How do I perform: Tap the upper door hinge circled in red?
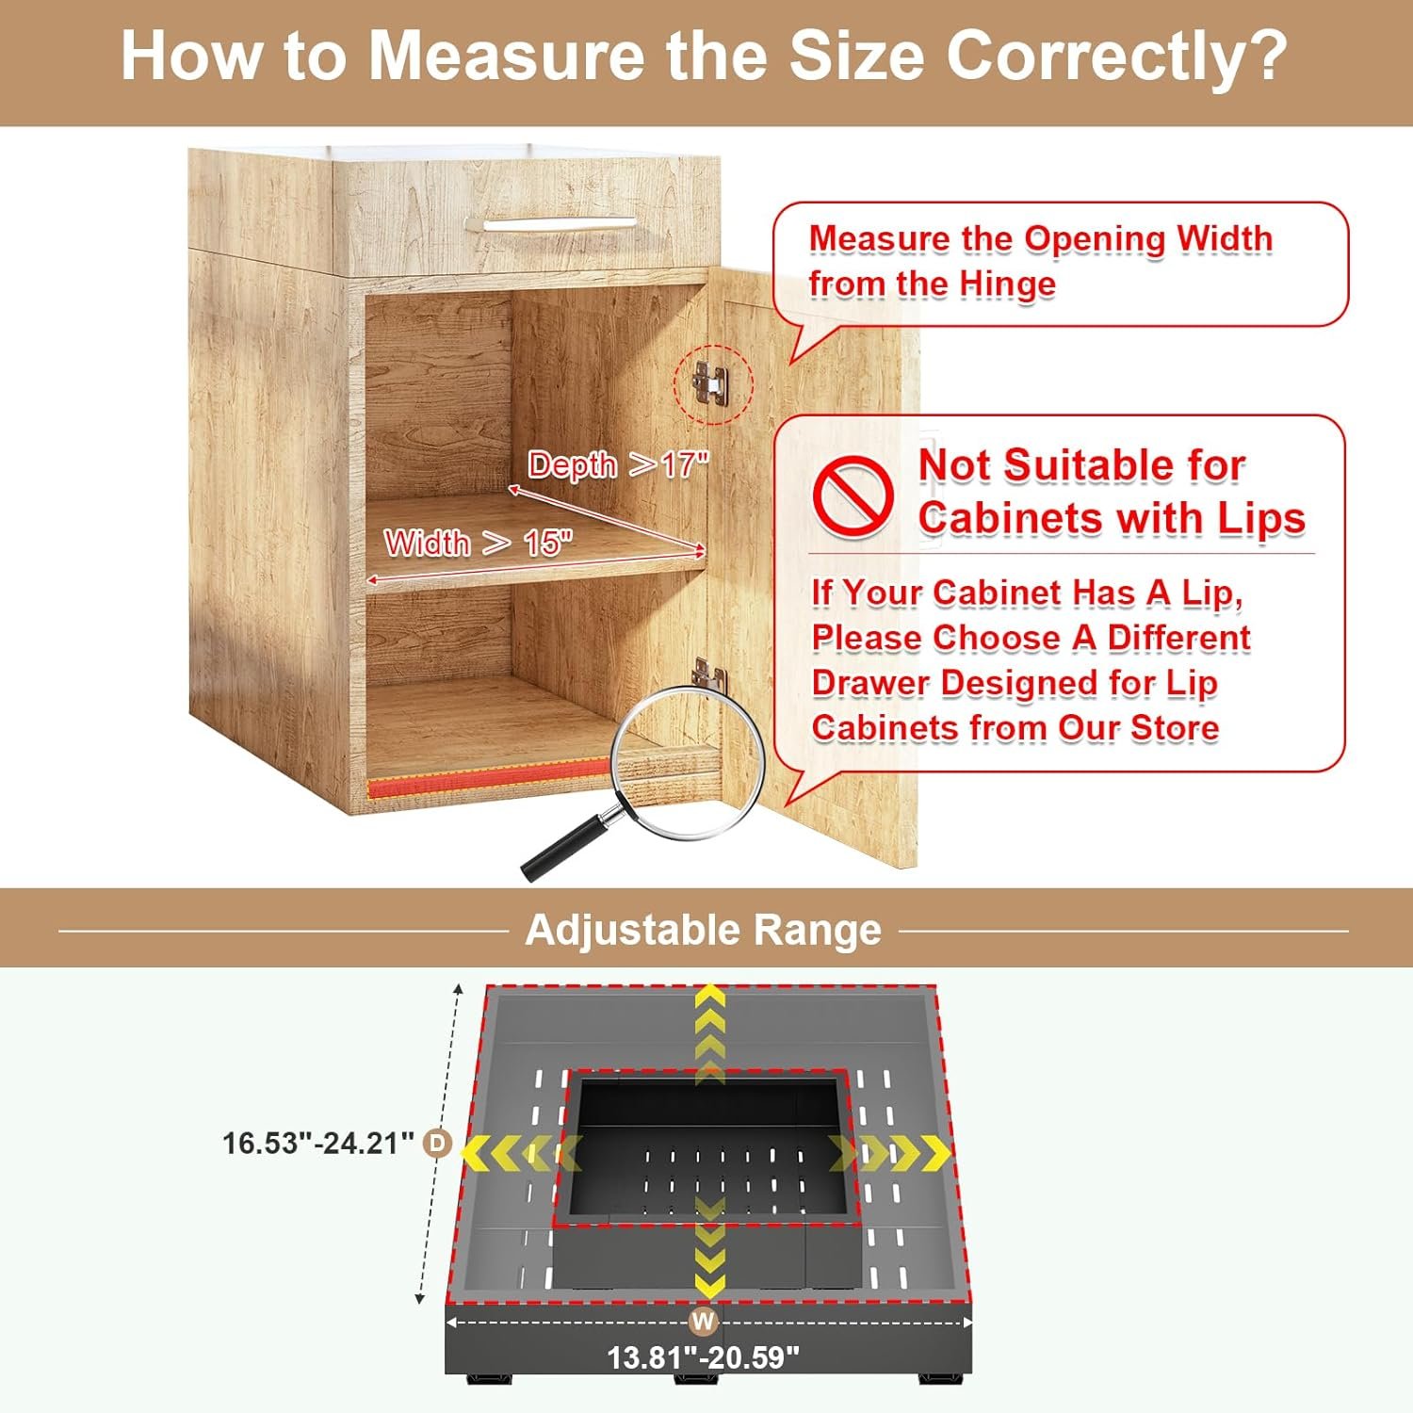pyautogui.click(x=709, y=382)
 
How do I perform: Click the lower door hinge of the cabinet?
pyautogui.click(x=707, y=672)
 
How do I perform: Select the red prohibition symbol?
pyautogui.click(x=853, y=496)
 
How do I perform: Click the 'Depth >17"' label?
pyautogui.click(x=618, y=464)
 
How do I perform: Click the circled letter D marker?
pyautogui.click(x=438, y=1144)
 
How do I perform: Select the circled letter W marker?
pyautogui.click(x=704, y=1322)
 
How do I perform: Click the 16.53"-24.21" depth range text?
pyautogui.click(x=318, y=1144)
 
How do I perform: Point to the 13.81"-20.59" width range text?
pyautogui.click(x=703, y=1357)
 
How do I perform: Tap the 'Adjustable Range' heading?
pyautogui.click(x=704, y=930)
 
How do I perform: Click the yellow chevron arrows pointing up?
pyautogui.click(x=709, y=1034)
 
